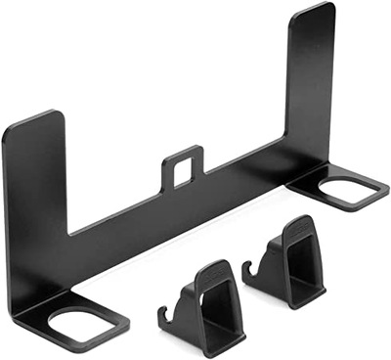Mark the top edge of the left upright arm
click(x=33, y=120)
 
